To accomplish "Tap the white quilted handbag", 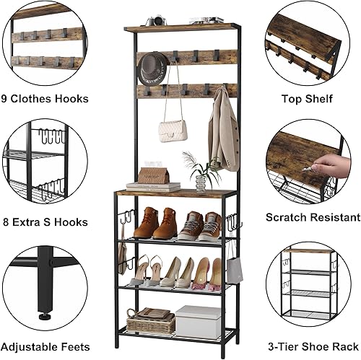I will pyautogui.click(x=173, y=130).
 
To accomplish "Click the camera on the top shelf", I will pyautogui.click(x=156, y=21).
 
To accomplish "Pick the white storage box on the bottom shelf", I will pyautogui.click(x=198, y=320).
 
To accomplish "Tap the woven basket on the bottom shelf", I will pyautogui.click(x=150, y=322).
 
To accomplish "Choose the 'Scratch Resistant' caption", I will pyautogui.click(x=313, y=216).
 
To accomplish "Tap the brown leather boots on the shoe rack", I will pyautogui.click(x=155, y=223).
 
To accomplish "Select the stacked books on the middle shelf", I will pyautogui.click(x=153, y=187).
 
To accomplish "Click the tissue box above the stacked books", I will pyautogui.click(x=153, y=175).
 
